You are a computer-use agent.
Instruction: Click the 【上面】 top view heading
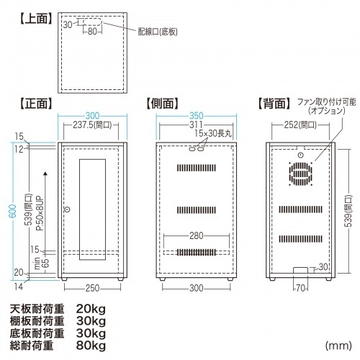click(x=36, y=19)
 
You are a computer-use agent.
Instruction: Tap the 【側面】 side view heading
click(x=163, y=104)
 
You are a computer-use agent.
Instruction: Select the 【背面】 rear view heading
click(x=274, y=104)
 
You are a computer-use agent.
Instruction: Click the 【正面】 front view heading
click(x=36, y=104)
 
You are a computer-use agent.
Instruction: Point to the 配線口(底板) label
click(x=158, y=32)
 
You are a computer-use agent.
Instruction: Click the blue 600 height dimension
click(x=14, y=211)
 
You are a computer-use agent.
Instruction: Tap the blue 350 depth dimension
click(x=197, y=116)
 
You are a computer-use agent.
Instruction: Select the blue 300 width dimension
click(x=92, y=116)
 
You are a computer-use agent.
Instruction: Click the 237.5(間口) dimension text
click(x=92, y=125)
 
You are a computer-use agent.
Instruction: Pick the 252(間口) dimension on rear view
click(x=300, y=125)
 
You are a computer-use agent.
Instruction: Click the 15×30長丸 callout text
click(x=213, y=133)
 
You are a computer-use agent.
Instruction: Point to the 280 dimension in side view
click(x=197, y=236)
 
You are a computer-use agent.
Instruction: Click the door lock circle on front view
click(x=68, y=210)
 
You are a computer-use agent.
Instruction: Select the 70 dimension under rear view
click(x=300, y=288)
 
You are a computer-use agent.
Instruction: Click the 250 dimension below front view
click(x=92, y=288)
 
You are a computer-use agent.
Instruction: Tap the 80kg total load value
click(x=91, y=346)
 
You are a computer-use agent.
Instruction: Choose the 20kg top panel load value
click(x=91, y=309)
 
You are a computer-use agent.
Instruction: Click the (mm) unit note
click(x=338, y=346)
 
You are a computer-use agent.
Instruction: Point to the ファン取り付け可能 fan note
click(x=327, y=102)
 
